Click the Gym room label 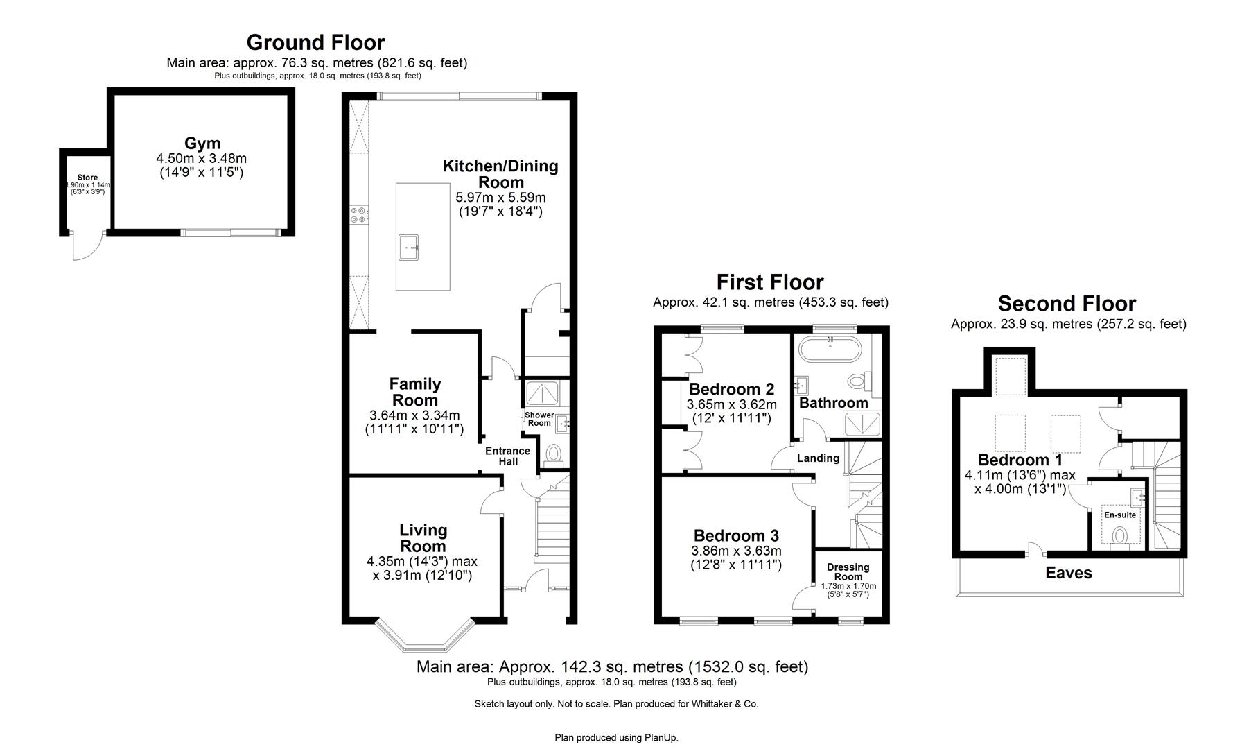pos(202,144)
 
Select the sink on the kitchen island pos(409,246)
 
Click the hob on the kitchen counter pos(359,214)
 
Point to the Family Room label pos(414,392)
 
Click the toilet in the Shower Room pos(553,454)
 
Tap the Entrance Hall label pos(507,456)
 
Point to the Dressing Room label pos(848,571)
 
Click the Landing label pos(818,458)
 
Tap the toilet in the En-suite pos(1119,536)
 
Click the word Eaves pos(1068,573)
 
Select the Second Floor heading pos(1066,304)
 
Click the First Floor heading pos(769,282)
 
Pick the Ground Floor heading pos(315,42)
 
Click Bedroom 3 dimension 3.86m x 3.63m pos(736,551)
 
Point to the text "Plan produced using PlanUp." pos(615,737)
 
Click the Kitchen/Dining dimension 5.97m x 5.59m pos(500,198)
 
